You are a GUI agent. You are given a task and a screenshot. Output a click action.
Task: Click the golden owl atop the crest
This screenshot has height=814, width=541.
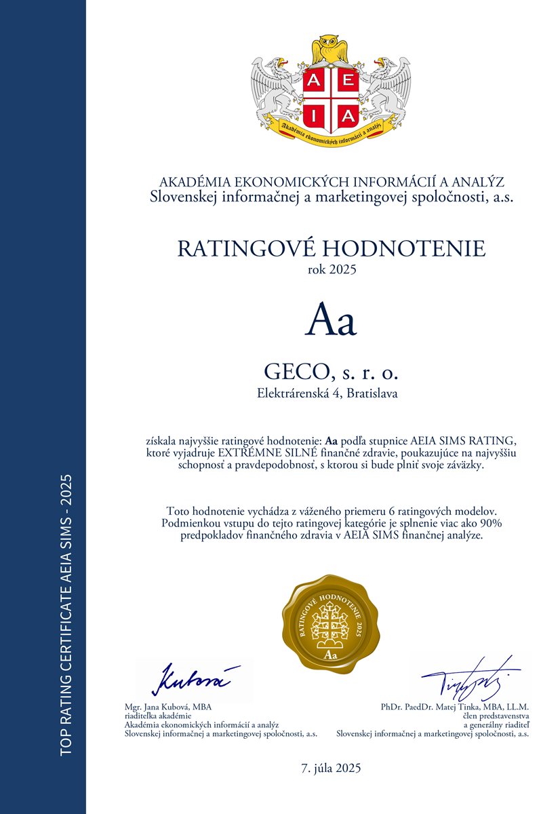point(330,50)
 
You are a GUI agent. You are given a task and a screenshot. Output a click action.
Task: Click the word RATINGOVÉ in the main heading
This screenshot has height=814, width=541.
point(248,248)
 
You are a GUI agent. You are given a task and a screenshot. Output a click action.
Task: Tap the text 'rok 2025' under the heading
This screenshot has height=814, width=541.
point(331,269)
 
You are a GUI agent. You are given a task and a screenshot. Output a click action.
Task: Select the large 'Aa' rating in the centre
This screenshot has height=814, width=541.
point(331,321)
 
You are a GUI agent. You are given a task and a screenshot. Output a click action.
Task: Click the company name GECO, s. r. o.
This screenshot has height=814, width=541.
point(331,372)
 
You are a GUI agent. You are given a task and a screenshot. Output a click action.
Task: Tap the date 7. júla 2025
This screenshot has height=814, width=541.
point(332,769)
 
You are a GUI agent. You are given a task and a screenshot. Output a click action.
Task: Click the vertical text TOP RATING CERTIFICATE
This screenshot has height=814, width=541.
point(66,651)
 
